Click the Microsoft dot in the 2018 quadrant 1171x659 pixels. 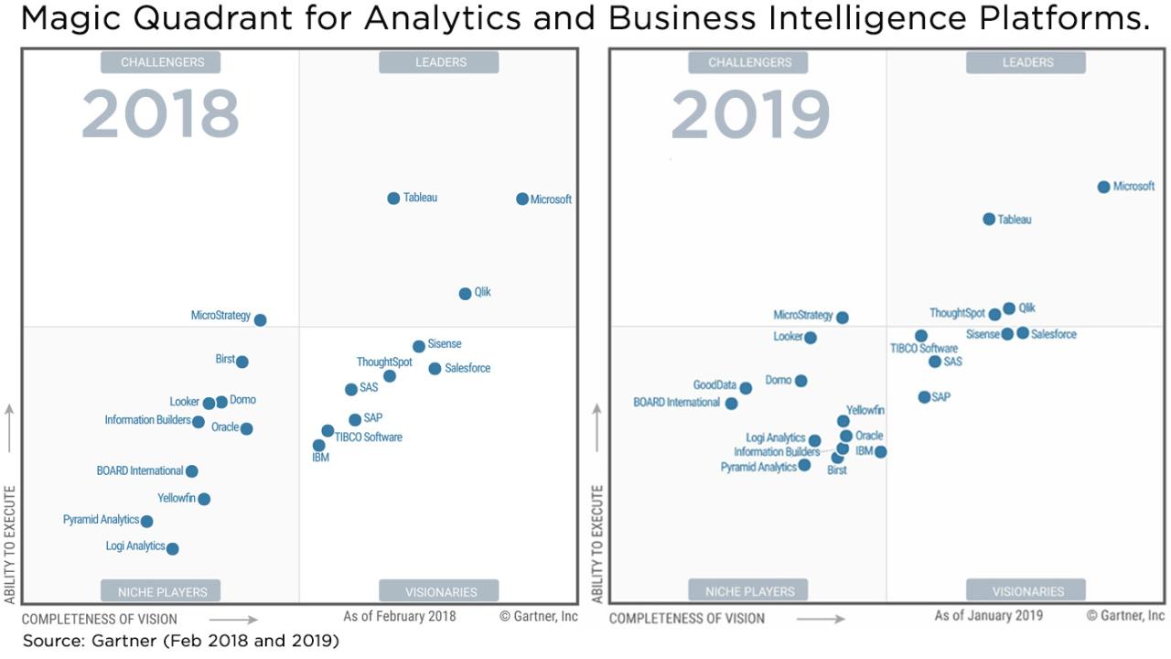coord(522,199)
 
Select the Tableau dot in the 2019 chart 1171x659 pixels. coord(989,219)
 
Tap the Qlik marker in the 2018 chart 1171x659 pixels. coord(465,294)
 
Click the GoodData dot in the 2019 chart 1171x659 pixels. coord(746,388)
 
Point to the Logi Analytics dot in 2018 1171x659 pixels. coord(172,549)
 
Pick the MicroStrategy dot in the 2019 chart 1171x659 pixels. coord(843,318)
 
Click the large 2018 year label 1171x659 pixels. coord(160,115)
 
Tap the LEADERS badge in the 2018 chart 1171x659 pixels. coord(439,62)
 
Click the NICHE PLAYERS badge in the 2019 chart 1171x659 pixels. coord(749,591)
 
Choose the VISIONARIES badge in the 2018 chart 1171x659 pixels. coord(439,592)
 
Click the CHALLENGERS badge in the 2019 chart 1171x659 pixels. coord(749,62)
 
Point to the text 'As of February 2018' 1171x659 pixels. coord(399,616)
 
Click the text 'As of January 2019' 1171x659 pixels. coord(988,616)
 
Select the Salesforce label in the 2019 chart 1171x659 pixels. coord(1054,334)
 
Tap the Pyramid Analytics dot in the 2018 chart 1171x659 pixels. coord(146,522)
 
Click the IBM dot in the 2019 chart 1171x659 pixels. coord(880,451)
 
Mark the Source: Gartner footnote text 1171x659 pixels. coord(181,641)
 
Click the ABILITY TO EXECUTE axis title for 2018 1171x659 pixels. coord(10,545)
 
